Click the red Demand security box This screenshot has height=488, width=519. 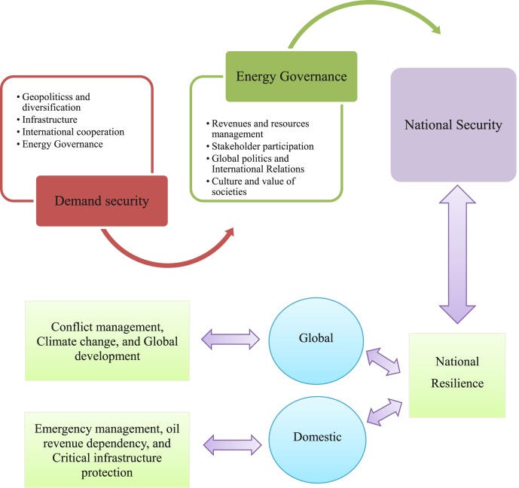point(102,200)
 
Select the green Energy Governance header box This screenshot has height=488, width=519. point(292,76)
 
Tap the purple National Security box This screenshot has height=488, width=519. point(453,125)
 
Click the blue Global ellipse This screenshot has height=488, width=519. point(316,339)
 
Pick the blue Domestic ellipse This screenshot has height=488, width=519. point(316,437)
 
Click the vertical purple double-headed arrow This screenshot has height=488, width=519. point(457,254)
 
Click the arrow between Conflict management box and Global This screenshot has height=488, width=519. point(230,339)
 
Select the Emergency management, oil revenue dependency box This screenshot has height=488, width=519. point(107,450)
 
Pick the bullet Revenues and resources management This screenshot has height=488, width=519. point(260,129)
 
